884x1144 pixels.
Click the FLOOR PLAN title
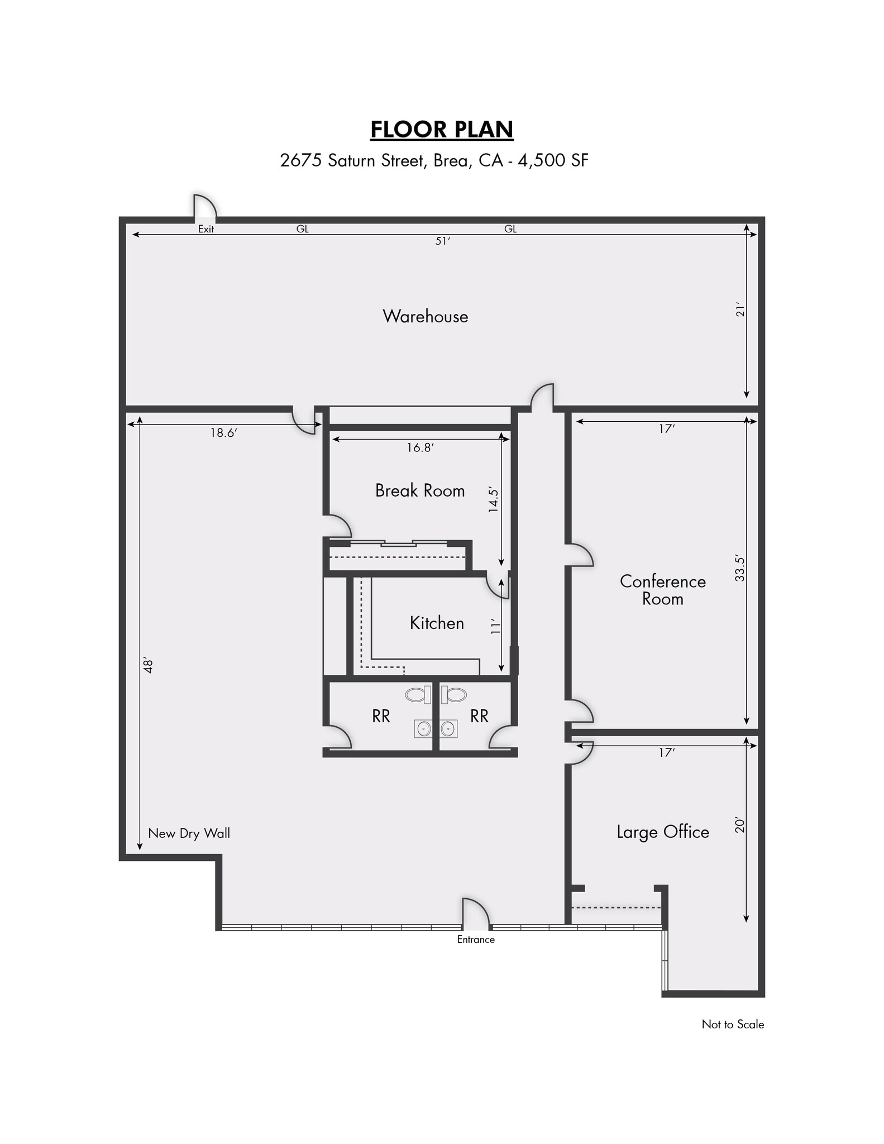[442, 130]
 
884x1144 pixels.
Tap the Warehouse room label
[426, 317]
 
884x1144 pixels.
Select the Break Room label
[420, 490]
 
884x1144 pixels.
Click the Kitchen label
[437, 623]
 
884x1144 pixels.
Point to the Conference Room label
[663, 590]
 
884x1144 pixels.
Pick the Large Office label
[663, 832]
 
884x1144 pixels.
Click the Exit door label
[206, 229]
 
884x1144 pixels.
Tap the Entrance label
[476, 940]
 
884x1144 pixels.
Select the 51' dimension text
[442, 242]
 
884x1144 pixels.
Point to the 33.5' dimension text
[740, 568]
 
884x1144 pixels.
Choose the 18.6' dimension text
[224, 433]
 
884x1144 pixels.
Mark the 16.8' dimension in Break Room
[421, 447]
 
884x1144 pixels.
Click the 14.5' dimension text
[493, 499]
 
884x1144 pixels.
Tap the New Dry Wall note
[189, 833]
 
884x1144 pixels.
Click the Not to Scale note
[733, 1024]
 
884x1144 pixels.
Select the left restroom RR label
[381, 716]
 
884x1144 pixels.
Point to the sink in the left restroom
[423, 728]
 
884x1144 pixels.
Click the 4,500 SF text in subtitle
[553, 161]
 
